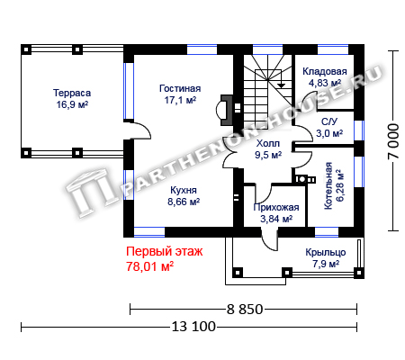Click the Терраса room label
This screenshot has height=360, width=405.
(x=72, y=93)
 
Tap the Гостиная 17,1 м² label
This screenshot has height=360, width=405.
(x=180, y=94)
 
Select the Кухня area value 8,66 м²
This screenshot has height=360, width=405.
(x=184, y=202)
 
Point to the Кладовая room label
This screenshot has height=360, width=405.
(x=325, y=71)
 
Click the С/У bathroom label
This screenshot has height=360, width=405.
(x=329, y=121)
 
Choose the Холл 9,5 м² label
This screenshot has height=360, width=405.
(x=268, y=149)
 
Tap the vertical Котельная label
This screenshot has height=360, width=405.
(x=328, y=185)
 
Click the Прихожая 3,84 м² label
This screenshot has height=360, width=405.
(x=276, y=213)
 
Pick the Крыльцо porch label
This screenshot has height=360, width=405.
(x=326, y=253)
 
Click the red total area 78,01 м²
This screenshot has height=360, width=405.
(x=150, y=266)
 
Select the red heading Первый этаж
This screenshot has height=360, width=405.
(x=165, y=251)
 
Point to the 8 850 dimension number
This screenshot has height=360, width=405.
(x=245, y=309)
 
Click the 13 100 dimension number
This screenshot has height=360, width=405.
(x=193, y=327)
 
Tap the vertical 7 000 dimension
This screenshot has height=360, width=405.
(x=393, y=141)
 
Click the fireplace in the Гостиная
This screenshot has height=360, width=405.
(x=224, y=110)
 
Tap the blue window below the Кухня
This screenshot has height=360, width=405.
(x=149, y=232)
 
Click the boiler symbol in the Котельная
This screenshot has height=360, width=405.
(x=305, y=179)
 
